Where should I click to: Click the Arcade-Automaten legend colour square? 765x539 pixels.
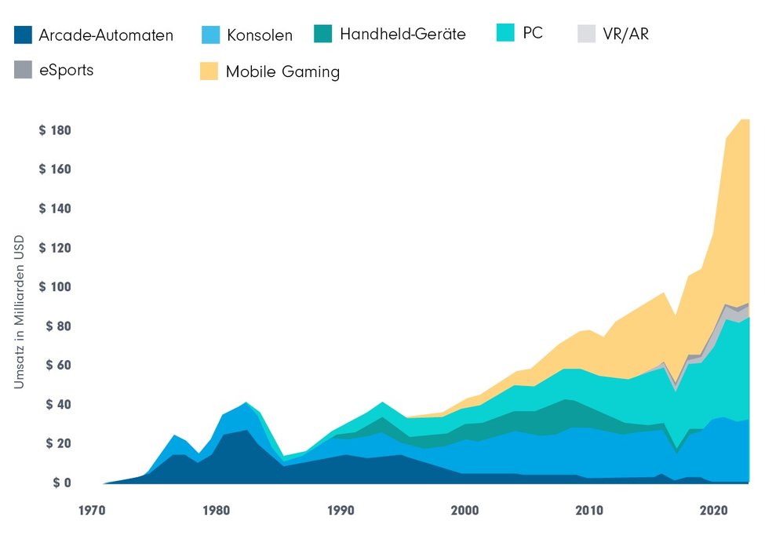pos(23,35)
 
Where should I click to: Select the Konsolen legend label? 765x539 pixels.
pos(259,35)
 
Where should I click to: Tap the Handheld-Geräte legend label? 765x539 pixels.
pos(403,34)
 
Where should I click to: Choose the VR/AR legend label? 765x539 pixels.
pos(626,34)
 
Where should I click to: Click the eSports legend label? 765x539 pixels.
pos(66,70)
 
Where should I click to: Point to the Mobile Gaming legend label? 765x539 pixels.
pos(282,71)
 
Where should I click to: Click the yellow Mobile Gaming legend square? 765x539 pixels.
pos(209,71)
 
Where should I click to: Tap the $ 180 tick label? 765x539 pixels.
pos(55,130)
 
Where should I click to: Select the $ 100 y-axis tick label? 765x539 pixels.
pos(55,287)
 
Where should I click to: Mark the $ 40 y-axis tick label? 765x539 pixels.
pos(57,405)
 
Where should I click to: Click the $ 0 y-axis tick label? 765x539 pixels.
pos(61,483)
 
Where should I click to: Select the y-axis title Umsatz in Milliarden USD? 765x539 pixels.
pos(19,311)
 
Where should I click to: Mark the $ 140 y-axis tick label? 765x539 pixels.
pos(55,209)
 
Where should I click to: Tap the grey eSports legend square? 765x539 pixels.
pos(23,69)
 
